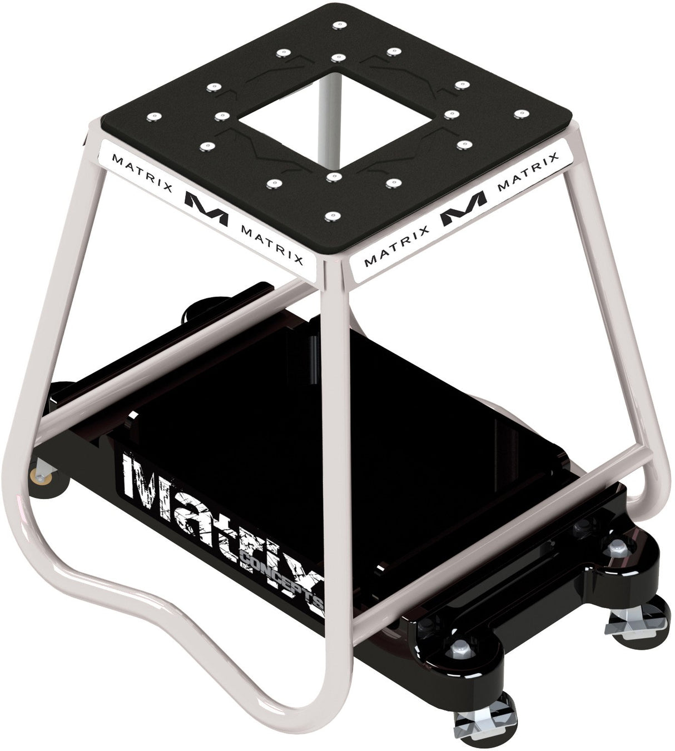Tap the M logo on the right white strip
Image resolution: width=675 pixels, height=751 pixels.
(x=463, y=210)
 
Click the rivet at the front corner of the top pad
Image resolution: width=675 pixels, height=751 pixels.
(x=332, y=215)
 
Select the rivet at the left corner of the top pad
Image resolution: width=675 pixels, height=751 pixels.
(x=153, y=116)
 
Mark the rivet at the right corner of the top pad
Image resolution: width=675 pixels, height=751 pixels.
(x=519, y=113)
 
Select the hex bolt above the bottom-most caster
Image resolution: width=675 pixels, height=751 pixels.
(x=460, y=646)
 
